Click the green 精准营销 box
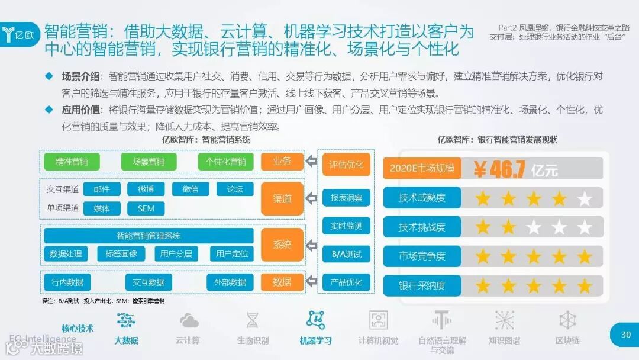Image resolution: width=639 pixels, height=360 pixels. (72, 162)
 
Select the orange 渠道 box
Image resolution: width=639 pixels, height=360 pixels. (282, 198)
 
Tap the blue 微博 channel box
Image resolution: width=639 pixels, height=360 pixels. (146, 189)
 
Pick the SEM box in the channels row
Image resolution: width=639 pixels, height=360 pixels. (146, 208)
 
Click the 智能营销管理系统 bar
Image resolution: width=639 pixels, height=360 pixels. (149, 236)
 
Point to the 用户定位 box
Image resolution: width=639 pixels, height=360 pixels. (232, 254)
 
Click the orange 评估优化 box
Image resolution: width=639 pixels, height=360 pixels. (346, 164)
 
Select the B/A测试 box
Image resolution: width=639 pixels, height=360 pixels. (346, 255)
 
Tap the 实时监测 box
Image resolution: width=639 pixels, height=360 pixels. (346, 226)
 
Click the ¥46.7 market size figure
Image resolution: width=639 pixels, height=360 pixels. (500, 169)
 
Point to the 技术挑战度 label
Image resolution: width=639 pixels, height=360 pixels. (422, 227)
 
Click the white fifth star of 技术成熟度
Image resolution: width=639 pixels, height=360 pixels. (585, 198)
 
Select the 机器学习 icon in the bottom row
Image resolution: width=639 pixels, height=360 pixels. (315, 320)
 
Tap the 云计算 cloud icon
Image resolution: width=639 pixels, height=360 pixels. (189, 320)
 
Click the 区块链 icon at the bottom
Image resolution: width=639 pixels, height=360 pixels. (567, 320)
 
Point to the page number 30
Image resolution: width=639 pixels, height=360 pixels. (626, 335)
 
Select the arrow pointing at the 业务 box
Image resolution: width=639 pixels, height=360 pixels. (312, 162)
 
